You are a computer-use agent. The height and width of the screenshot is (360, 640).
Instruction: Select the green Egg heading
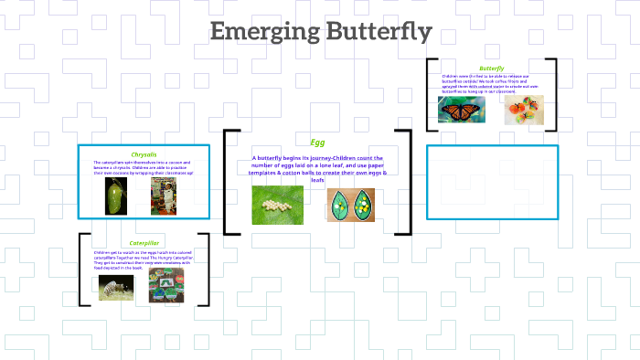(x=317, y=143)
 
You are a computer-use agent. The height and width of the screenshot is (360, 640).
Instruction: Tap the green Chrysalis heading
(x=144, y=154)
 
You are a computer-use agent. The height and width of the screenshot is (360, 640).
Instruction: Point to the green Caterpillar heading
(x=144, y=243)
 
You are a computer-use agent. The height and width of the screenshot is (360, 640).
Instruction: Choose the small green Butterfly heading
(x=491, y=68)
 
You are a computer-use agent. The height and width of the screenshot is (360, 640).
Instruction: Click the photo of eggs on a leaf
(x=278, y=205)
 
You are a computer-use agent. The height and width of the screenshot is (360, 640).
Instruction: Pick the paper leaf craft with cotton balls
(x=351, y=205)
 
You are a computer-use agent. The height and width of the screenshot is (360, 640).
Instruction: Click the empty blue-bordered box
(x=491, y=182)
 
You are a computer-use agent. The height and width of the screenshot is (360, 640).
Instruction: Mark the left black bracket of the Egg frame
(x=227, y=183)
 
